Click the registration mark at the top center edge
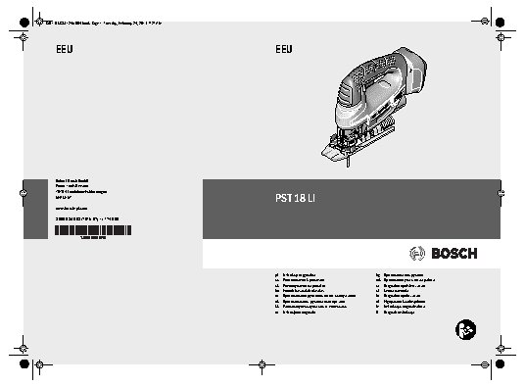262,17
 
